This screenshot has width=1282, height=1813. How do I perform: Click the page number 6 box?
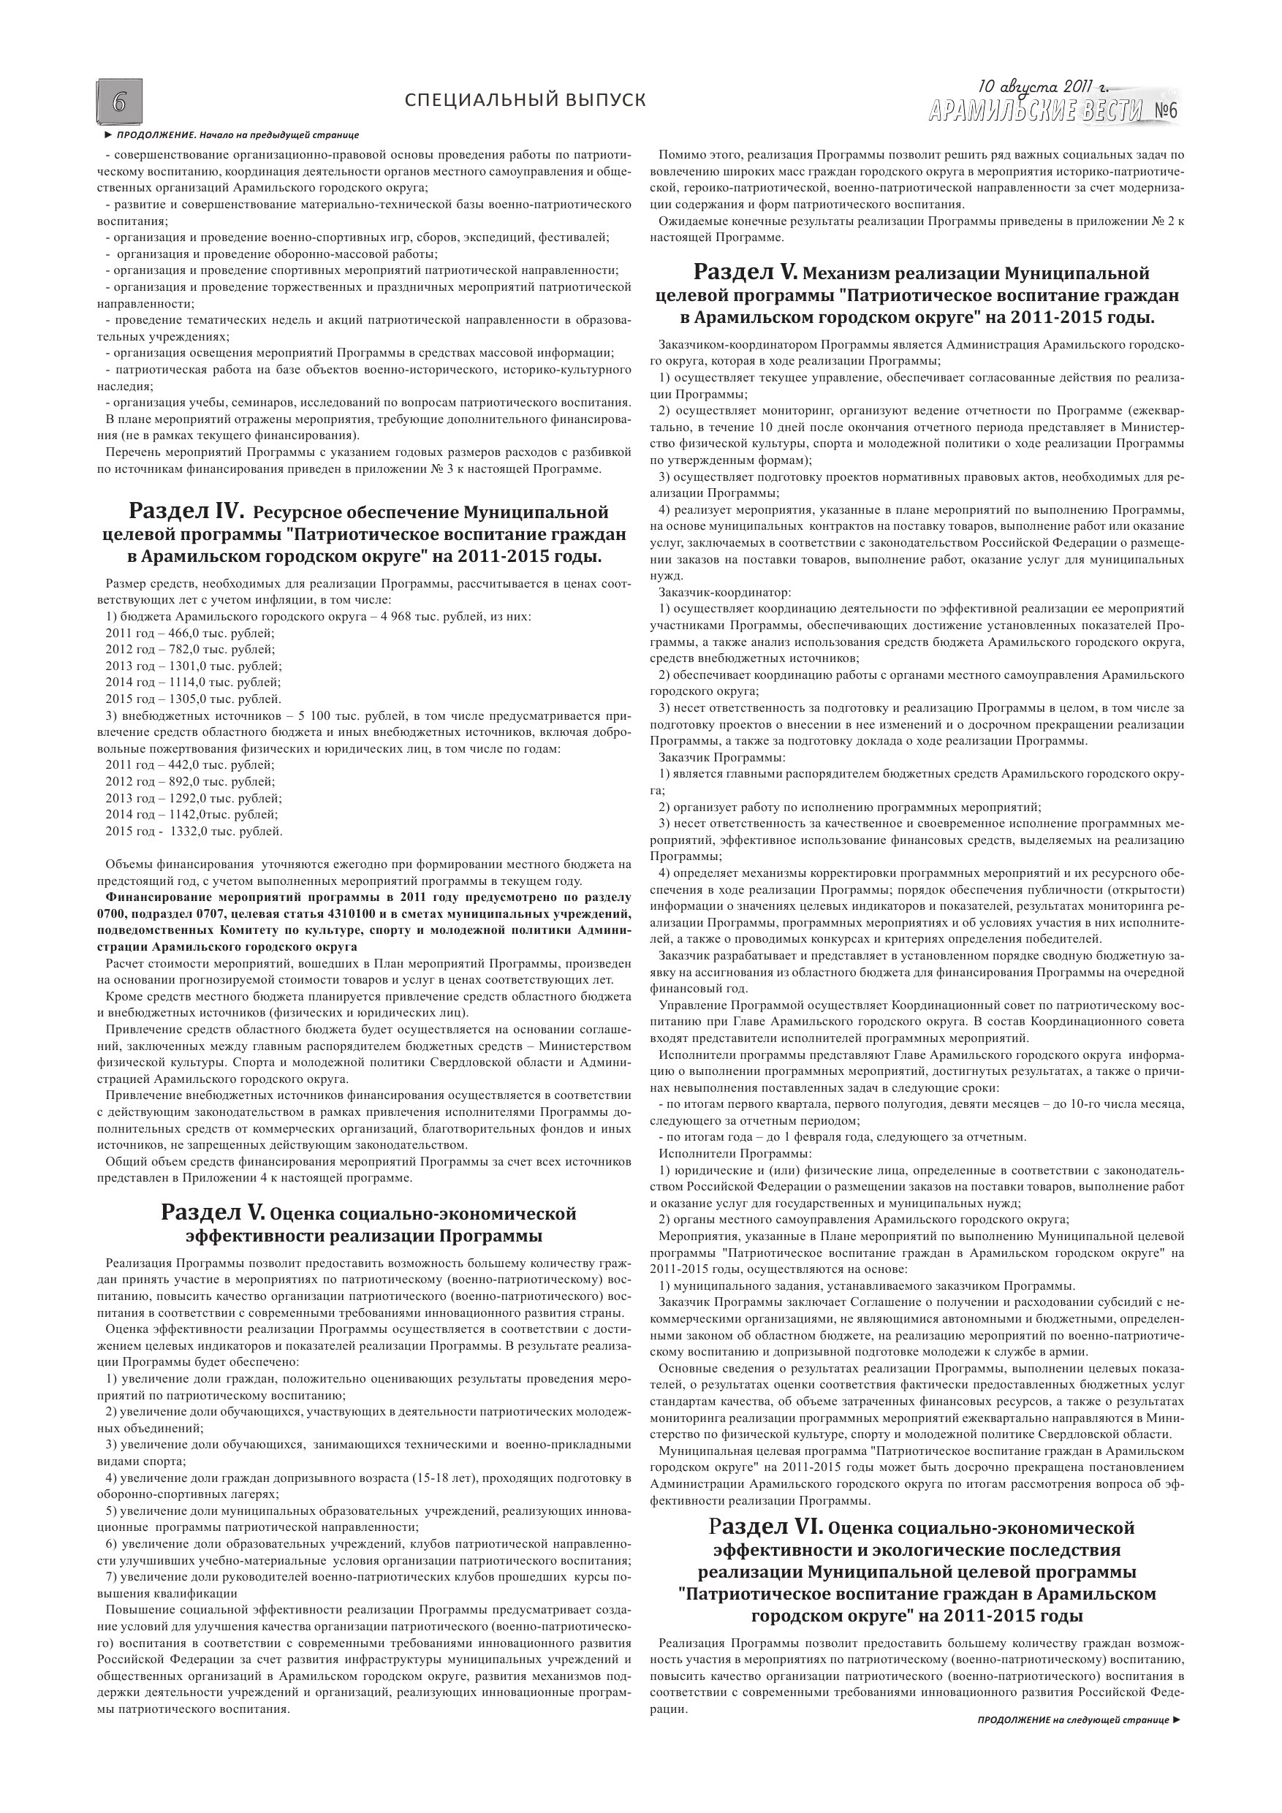pos(120,100)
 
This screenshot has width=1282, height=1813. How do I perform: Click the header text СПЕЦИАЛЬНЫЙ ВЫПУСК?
pos(525,100)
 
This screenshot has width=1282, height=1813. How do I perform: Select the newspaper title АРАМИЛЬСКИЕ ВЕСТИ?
pos(1036,111)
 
